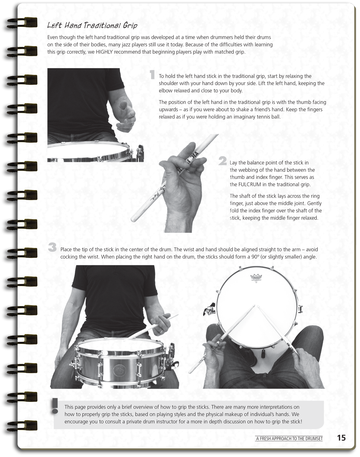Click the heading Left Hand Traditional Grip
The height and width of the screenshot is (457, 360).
coord(92,25)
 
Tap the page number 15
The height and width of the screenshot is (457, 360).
coord(341,438)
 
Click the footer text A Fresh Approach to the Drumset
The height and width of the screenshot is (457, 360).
coord(289,439)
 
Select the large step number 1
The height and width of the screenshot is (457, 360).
coord(152,75)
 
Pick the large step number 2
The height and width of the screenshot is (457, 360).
coord(222,161)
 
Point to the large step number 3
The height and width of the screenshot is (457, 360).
coord(52,248)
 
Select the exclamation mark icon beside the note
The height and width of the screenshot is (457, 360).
coord(56,406)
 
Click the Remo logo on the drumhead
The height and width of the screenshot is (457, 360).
coord(256,277)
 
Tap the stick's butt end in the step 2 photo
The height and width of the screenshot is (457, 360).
coord(133,220)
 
